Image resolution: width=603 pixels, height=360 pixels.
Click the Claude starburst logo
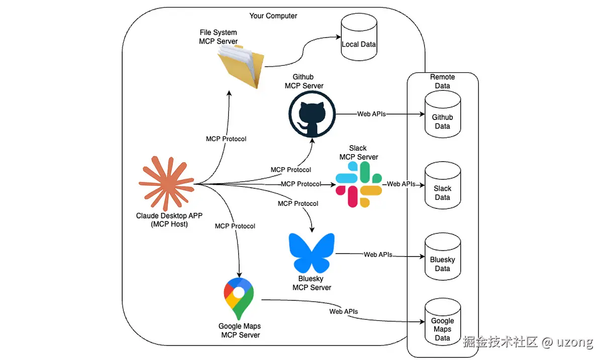pos(166,183)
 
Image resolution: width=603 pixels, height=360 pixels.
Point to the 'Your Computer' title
pos(273,16)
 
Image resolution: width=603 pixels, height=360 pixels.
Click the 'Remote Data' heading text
pos(442,81)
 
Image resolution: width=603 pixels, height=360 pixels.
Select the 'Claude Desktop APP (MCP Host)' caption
pos(169,220)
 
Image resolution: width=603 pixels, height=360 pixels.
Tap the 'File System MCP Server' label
pos(218,37)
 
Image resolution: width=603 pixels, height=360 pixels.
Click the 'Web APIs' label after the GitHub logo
pos(371,114)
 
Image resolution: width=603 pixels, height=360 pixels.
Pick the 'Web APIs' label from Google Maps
pos(344,311)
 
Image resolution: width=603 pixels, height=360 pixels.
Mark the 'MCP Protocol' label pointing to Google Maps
pos(235,226)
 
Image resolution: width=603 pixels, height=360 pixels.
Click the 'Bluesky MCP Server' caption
pos(312,283)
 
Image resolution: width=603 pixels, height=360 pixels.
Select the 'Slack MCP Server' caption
pos(358,153)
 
